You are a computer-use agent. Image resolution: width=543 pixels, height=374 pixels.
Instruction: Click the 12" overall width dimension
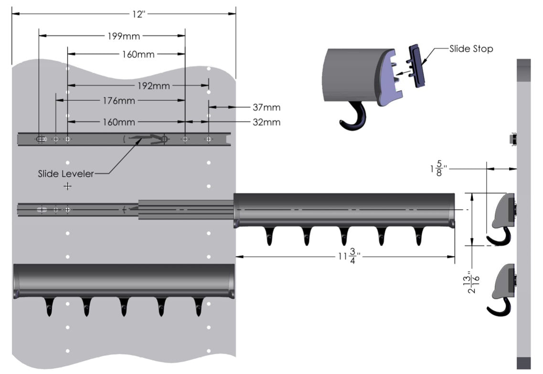point(138,14)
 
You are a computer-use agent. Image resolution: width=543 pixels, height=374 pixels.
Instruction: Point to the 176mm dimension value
point(119,101)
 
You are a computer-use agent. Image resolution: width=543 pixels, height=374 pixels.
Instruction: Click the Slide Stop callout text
point(471,49)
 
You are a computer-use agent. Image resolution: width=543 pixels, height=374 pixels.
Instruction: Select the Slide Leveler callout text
point(66,173)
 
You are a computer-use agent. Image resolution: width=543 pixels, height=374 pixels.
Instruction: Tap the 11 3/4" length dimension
point(348,257)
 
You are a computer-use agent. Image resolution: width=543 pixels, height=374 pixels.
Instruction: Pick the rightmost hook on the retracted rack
point(198,307)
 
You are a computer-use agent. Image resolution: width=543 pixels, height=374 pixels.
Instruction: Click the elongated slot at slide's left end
point(41,139)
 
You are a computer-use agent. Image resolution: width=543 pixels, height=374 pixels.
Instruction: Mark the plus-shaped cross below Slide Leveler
point(68,186)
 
